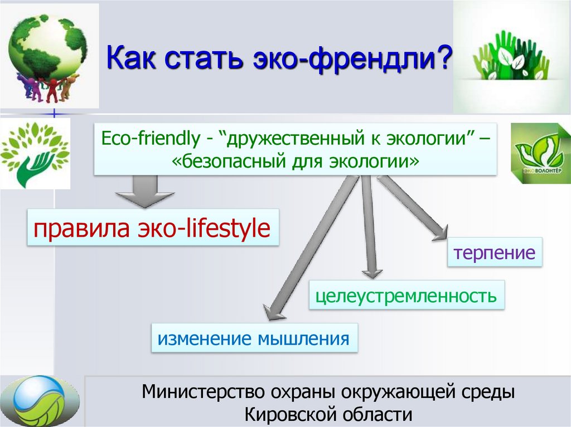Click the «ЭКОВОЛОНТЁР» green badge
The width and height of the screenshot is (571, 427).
540,153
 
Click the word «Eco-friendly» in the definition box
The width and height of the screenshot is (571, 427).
151,139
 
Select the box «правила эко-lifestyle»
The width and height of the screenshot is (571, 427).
153,228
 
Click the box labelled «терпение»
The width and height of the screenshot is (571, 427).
495,252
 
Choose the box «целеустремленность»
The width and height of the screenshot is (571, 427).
407,295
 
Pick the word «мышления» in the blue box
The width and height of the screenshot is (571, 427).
304,338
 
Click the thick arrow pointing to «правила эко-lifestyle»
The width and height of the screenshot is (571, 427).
145,192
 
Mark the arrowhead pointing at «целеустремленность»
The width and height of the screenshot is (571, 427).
372,274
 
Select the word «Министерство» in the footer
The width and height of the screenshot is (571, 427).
203,392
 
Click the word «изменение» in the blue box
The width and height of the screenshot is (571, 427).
205,338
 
